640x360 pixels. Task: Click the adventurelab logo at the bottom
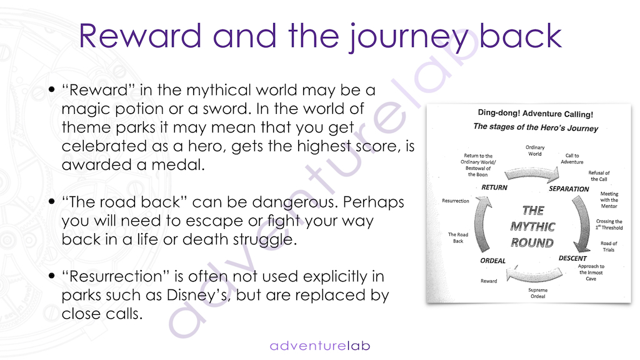pyautogui.click(x=320, y=346)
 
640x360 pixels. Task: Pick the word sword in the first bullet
pyautogui.click(x=226, y=109)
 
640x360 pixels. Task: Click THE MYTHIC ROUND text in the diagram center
pyautogui.click(x=532, y=226)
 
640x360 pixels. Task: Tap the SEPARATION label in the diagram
pyautogui.click(x=569, y=189)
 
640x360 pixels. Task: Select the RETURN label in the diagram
pyautogui.click(x=494, y=187)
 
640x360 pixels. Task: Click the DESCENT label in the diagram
pyautogui.click(x=572, y=258)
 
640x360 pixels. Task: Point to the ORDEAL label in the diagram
pyautogui.click(x=492, y=261)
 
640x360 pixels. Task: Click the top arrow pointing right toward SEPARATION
pyautogui.click(x=532, y=174)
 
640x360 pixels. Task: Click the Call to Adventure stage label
pyautogui.click(x=572, y=158)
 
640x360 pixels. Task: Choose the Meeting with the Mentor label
pyautogui.click(x=609, y=200)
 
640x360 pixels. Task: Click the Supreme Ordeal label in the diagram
pyautogui.click(x=537, y=292)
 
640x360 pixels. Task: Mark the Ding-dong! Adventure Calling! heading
pyautogui.click(x=536, y=114)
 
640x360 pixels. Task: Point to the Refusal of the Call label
pyautogui.click(x=599, y=176)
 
